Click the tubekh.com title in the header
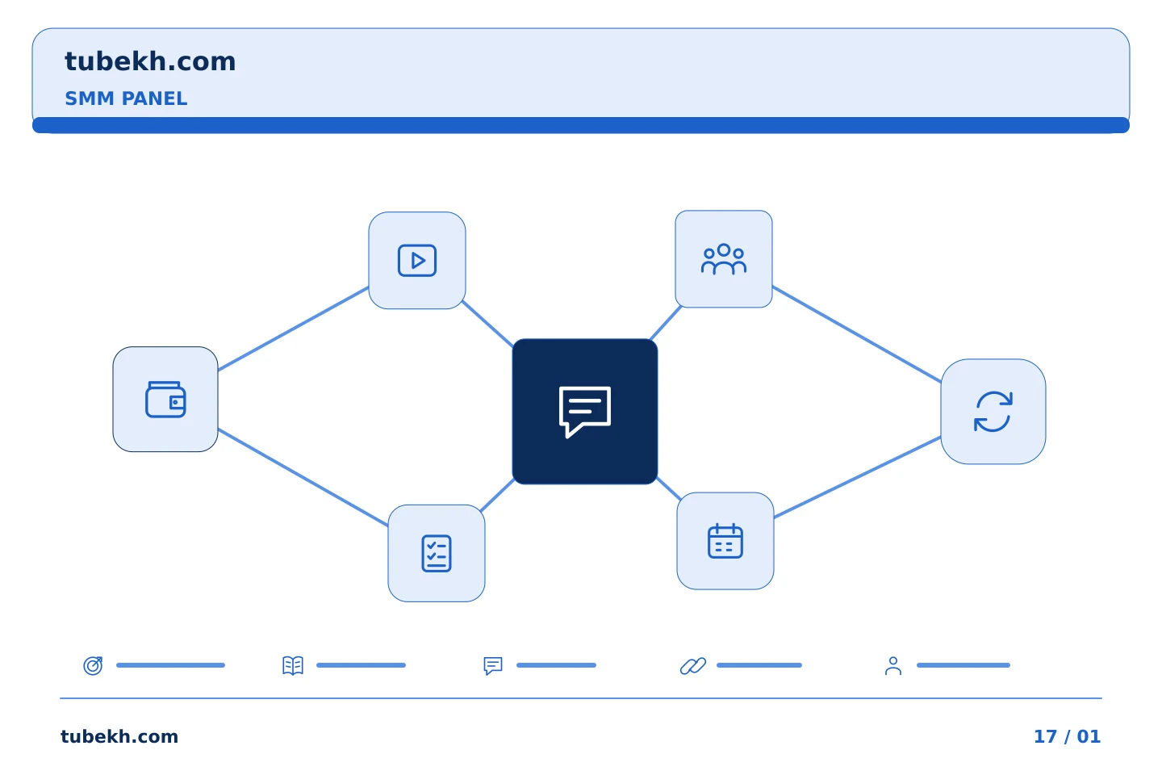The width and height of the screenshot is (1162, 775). [x=150, y=61]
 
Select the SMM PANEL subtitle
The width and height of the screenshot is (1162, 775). [x=126, y=98]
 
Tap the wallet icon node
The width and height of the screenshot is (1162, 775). [x=165, y=399]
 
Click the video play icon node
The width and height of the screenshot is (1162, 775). [x=417, y=260]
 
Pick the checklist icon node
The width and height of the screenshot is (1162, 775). [x=437, y=553]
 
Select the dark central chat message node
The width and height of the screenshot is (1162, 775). [x=584, y=412]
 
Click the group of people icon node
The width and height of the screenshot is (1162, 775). [x=724, y=259]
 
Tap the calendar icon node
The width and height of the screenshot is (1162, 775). [x=725, y=541]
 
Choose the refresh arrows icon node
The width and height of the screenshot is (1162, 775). [x=993, y=412]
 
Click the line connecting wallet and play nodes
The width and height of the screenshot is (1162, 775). [x=293, y=329]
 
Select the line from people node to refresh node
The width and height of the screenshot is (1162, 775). [x=856, y=334]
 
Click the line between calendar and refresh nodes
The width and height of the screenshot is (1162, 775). [x=857, y=478]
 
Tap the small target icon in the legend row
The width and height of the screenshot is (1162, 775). [x=93, y=665]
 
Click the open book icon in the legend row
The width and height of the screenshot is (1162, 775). [x=293, y=665]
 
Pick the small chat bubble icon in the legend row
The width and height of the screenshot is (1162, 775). [x=493, y=665]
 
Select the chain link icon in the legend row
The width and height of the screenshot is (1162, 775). [x=693, y=665]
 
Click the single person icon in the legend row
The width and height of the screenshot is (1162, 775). [x=892, y=666]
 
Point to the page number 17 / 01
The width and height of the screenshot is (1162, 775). [x=1067, y=736]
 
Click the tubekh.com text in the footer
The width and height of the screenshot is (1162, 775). [x=119, y=736]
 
